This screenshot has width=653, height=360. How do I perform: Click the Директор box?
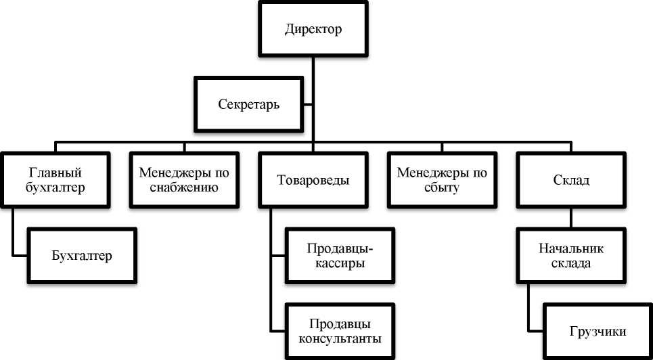313,30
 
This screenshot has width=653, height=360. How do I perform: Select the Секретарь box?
250,105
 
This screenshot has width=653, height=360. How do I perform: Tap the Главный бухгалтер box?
58,180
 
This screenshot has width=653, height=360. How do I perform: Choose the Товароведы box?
313,181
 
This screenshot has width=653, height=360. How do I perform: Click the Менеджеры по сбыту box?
442,180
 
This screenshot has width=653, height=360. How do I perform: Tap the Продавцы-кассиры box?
340,255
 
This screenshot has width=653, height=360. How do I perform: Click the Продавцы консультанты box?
340,330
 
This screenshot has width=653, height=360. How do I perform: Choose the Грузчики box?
598,332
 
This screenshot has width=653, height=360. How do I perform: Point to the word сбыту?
442,188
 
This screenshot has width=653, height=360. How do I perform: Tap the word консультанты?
340,338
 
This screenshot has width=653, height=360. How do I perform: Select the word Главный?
58,173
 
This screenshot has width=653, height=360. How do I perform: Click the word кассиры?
340,263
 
